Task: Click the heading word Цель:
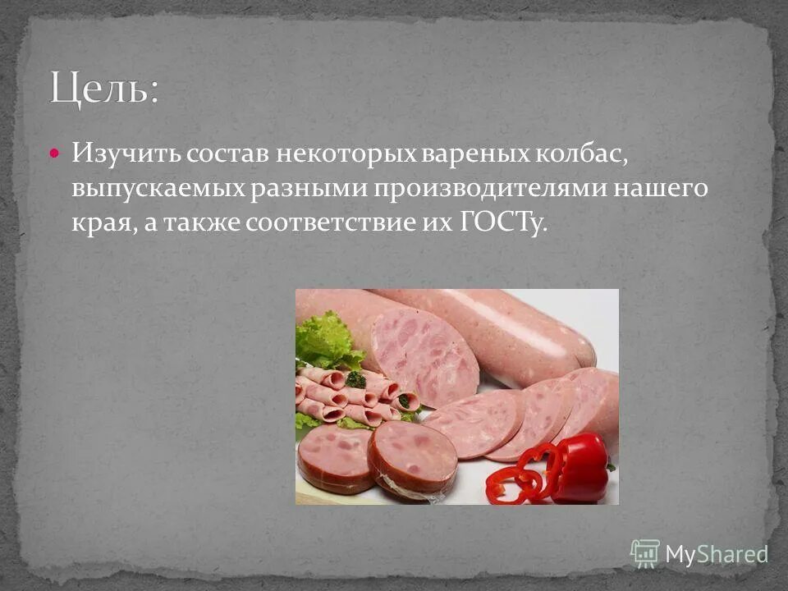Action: [x=104, y=89]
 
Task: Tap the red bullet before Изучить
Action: [x=54, y=153]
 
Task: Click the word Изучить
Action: [x=124, y=153]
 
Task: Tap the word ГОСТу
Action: [x=499, y=224]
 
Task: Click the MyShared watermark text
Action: [x=716, y=554]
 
